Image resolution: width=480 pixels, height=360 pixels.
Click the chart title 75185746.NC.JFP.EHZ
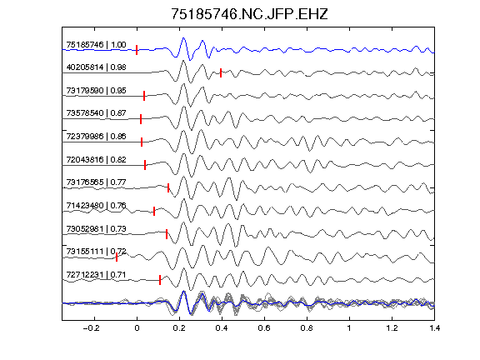pos(249,14)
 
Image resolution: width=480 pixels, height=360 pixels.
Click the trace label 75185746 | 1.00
pos(96,45)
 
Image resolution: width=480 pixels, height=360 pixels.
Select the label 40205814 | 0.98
pos(96,67)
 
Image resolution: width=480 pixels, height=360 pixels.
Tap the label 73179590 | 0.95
pos(96,91)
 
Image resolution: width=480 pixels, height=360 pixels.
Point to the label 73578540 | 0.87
pos(96,113)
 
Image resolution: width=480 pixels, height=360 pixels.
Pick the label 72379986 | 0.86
pos(96,136)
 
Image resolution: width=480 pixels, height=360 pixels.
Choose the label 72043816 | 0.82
pos(96,160)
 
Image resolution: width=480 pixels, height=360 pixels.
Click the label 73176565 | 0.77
pos(96,182)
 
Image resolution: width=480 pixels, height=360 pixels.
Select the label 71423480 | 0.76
pos(96,205)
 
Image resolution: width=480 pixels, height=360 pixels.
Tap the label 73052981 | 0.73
pos(96,229)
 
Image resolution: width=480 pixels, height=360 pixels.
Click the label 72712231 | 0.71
pos(96,275)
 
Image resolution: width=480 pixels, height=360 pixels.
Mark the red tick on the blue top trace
pos(137,50)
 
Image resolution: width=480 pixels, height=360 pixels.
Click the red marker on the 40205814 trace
pos(221,72)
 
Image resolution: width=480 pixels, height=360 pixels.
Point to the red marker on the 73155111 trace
pos(117,257)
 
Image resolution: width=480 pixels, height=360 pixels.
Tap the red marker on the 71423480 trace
pos(154,211)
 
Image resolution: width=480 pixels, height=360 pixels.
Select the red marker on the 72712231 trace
pos(160,280)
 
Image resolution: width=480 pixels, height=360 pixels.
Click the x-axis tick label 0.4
pos(222,328)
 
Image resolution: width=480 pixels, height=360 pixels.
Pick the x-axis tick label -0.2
pos(92,328)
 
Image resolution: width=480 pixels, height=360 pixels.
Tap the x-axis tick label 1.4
pos(435,328)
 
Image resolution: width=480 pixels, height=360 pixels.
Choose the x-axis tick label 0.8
pos(307,328)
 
